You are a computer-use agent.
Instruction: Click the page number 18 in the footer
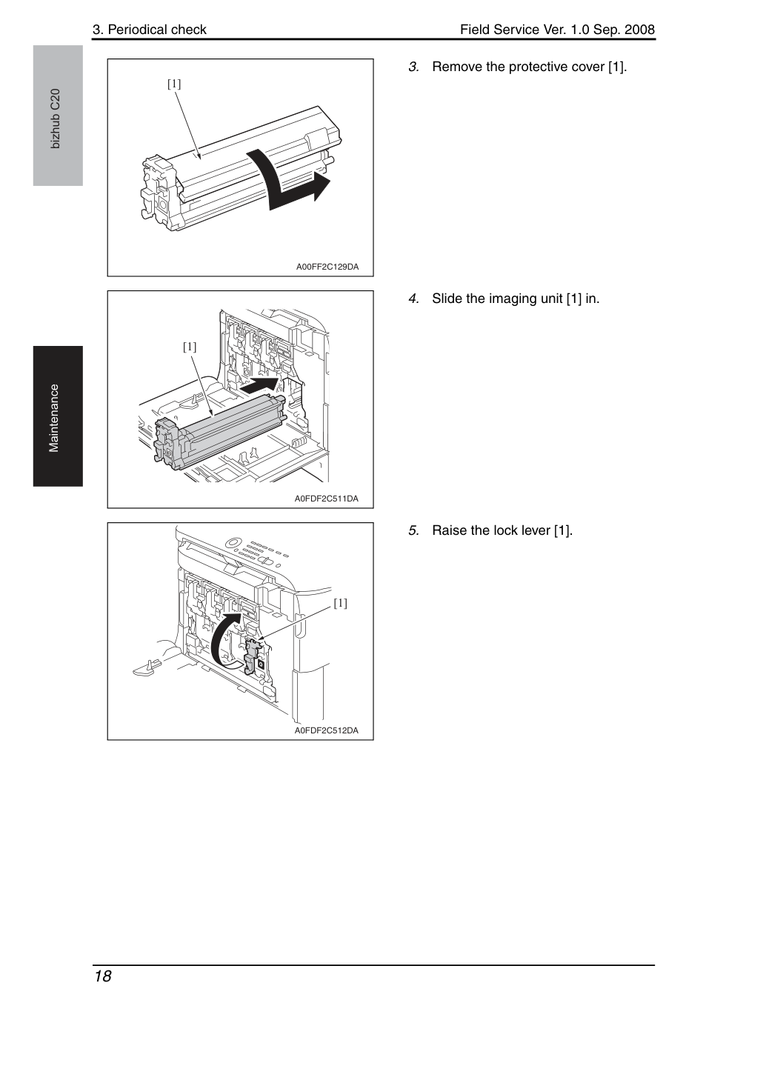tap(103, 976)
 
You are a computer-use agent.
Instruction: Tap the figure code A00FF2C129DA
tap(327, 267)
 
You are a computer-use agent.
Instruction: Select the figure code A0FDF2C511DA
tap(327, 499)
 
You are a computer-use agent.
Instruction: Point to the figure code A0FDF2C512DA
tap(327, 730)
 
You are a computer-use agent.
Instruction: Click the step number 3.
tap(413, 67)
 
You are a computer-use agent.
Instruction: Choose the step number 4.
tap(413, 299)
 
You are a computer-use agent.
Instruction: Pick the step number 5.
tap(413, 530)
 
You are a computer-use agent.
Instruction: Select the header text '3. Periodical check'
tap(150, 30)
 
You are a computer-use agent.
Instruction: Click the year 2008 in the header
tap(639, 30)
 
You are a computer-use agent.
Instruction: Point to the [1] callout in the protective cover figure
tap(174, 84)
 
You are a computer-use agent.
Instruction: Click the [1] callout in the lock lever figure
tap(341, 603)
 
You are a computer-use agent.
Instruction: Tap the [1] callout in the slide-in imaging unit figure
tap(190, 347)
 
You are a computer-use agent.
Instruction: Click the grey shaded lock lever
tap(251, 655)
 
